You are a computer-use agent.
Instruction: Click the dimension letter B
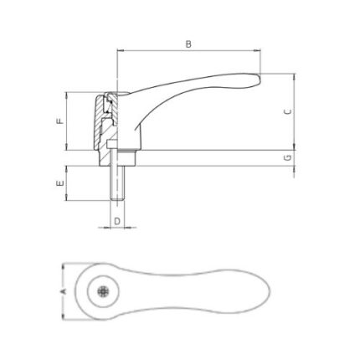coord(188,44)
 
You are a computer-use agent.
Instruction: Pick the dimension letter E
coord(60,183)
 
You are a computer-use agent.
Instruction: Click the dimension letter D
coord(117,221)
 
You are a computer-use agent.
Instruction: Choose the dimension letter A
coord(63,291)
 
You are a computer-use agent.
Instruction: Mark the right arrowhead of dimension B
coord(257,50)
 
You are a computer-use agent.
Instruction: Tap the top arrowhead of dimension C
coord(294,77)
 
